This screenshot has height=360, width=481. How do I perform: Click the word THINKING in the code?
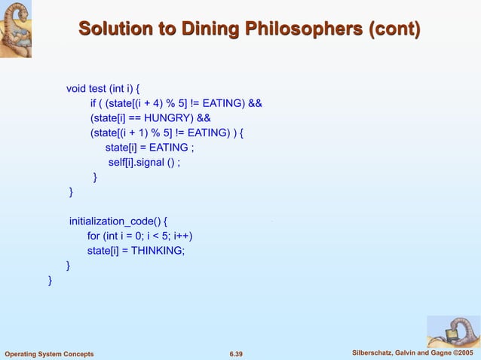click(x=158, y=250)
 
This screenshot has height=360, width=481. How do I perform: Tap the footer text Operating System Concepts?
click(x=49, y=354)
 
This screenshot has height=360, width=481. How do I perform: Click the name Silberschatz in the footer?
click(x=374, y=353)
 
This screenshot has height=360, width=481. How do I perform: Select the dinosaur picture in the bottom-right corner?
click(x=453, y=331)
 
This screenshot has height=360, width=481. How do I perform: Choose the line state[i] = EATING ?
click(x=149, y=148)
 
